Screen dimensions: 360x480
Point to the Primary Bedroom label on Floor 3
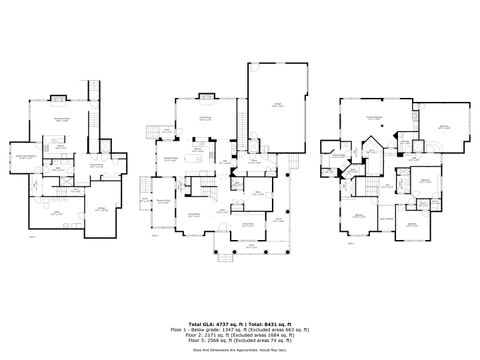[x=374, y=118]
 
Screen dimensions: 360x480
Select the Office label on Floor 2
[x=257, y=193]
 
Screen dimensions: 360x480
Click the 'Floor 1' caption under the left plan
[x=32, y=237]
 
